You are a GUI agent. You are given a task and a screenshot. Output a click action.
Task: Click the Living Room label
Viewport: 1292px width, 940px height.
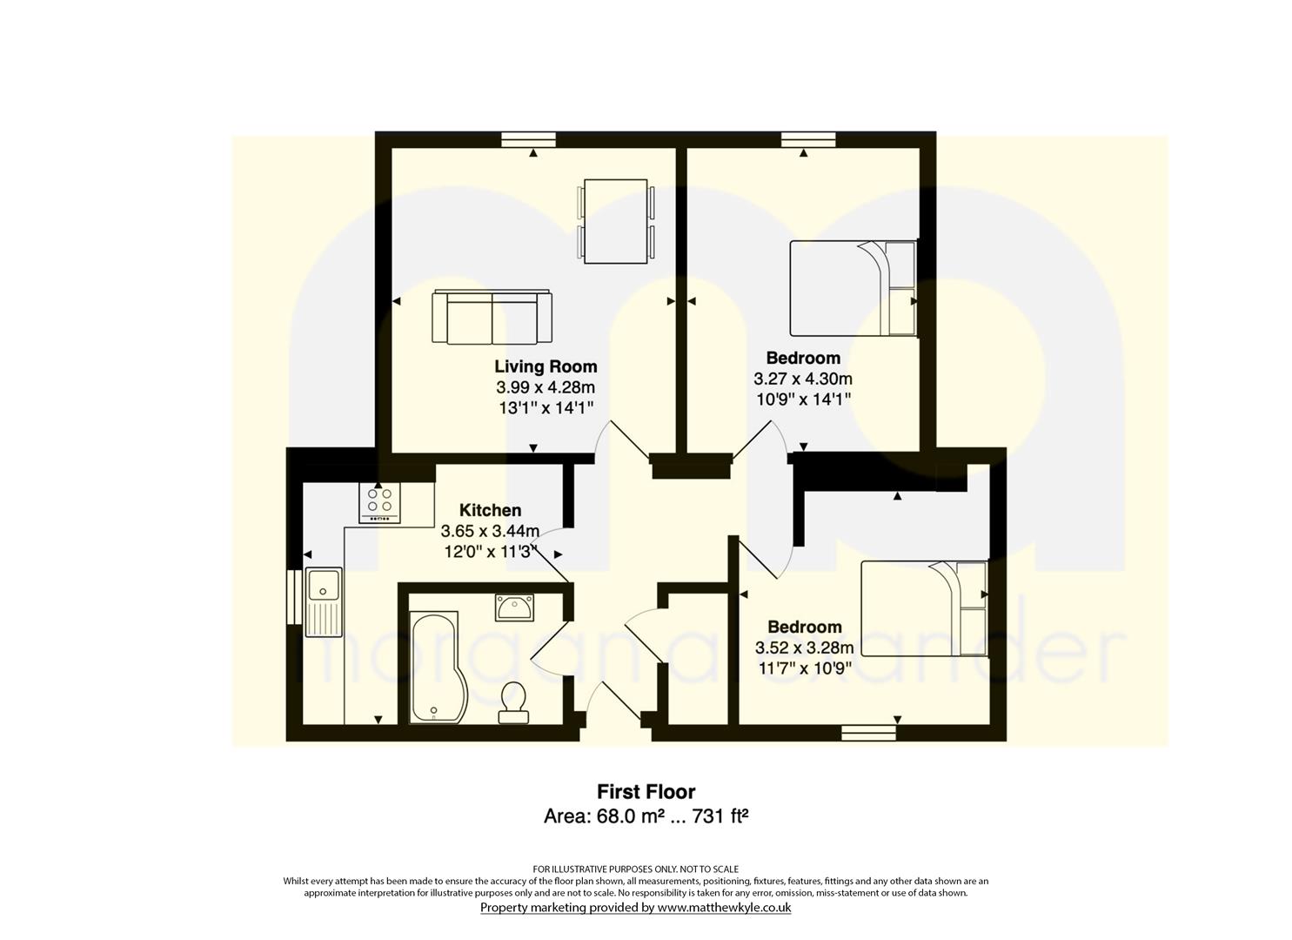pos(546,367)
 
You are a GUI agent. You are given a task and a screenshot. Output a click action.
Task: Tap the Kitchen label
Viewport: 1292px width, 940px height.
pos(491,510)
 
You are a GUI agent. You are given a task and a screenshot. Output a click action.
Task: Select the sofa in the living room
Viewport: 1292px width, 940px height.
pos(492,318)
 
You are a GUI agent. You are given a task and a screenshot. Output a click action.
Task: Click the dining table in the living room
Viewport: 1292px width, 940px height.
pos(616,221)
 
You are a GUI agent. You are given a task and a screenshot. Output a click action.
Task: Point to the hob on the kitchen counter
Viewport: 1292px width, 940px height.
pos(379,502)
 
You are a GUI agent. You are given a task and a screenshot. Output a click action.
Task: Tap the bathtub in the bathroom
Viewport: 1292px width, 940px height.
pos(434,668)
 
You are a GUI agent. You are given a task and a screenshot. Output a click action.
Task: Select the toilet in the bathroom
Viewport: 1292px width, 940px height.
pos(512,703)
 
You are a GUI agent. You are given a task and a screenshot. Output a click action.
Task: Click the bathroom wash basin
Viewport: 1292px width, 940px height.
pos(514,608)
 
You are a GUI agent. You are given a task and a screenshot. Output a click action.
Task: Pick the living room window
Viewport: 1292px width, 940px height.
pos(528,139)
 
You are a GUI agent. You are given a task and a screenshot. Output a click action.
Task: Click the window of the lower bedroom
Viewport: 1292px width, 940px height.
pos(868,733)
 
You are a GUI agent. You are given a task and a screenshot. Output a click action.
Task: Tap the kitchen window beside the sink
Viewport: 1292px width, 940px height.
pos(294,597)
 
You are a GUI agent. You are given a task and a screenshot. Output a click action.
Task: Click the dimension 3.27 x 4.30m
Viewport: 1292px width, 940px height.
pos(803,379)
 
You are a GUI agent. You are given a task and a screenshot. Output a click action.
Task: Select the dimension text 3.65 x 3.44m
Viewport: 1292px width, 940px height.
pos(491,531)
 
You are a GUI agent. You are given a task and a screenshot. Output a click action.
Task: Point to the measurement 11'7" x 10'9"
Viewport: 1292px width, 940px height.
pos(805,668)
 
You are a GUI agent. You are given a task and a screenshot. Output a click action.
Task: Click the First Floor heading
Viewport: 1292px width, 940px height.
pos(646,792)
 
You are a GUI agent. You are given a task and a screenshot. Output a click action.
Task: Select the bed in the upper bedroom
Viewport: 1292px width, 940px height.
pos(853,288)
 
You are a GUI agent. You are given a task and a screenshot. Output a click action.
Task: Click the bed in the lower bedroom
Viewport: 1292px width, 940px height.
pos(925,608)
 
